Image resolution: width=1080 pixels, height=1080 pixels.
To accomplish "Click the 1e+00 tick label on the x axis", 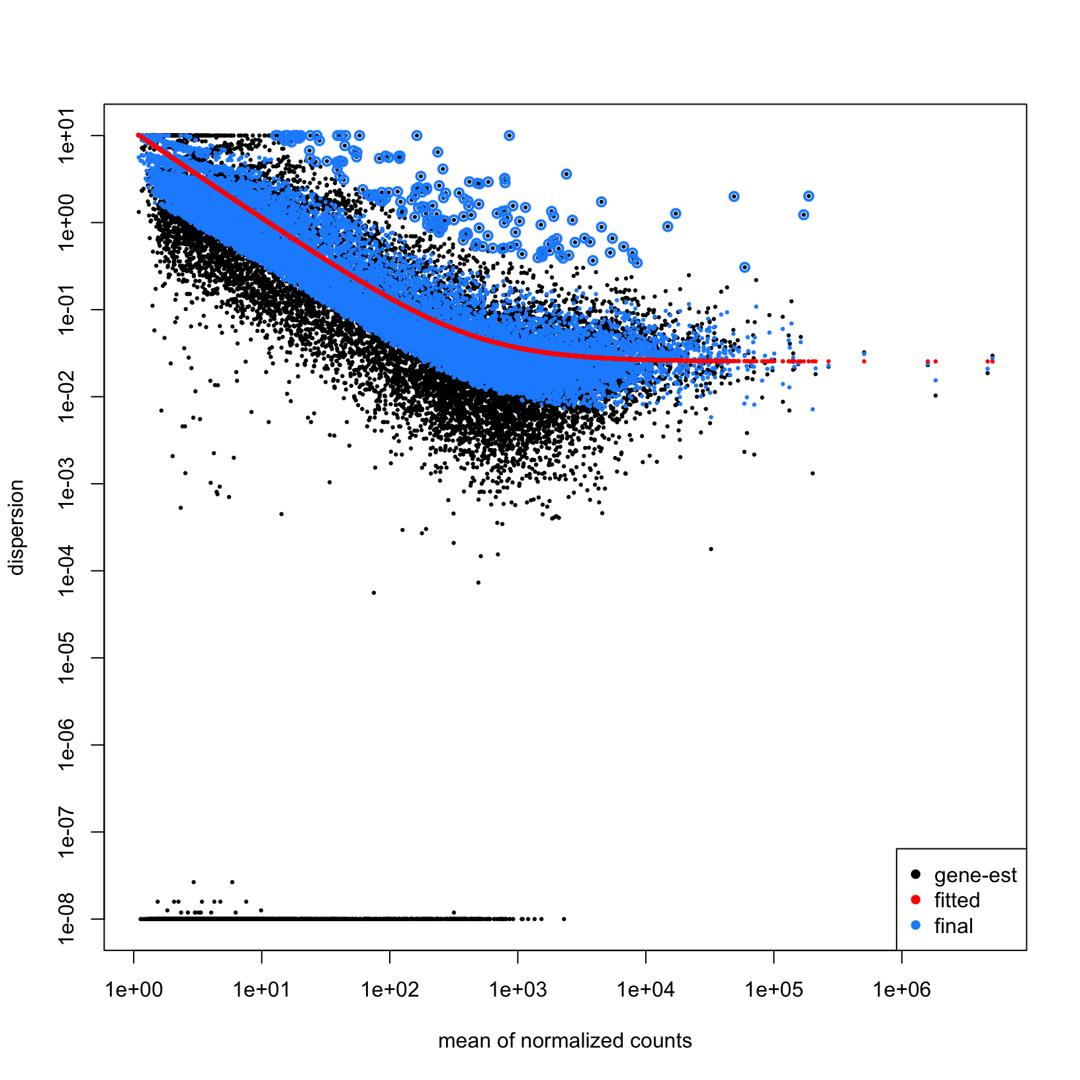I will click(134, 990).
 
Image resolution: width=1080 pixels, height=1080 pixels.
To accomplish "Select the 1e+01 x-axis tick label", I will click(262, 990).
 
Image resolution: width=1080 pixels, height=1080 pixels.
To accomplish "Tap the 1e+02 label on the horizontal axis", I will click(390, 990).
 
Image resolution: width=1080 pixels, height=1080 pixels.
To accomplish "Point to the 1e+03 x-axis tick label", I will click(518, 990).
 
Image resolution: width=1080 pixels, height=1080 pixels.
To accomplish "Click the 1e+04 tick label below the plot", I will click(646, 990).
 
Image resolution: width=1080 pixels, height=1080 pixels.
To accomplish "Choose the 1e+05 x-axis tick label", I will click(774, 990).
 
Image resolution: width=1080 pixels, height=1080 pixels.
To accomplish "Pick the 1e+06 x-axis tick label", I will click(901, 990).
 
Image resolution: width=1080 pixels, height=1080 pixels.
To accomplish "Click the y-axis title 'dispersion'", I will click(16, 527).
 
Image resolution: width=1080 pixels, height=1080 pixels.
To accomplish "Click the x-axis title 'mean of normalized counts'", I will click(564, 1041).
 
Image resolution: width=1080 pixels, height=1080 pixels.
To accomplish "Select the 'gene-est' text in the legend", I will click(975, 876).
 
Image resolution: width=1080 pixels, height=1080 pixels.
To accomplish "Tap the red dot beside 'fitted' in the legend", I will click(916, 900).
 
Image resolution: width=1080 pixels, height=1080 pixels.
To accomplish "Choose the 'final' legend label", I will click(954, 926).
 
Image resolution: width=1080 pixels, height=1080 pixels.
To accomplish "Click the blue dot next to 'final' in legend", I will click(916, 925).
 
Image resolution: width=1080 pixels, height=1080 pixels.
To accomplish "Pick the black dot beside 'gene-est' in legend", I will click(916, 875).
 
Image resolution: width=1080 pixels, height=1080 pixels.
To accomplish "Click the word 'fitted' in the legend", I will click(957, 901).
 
